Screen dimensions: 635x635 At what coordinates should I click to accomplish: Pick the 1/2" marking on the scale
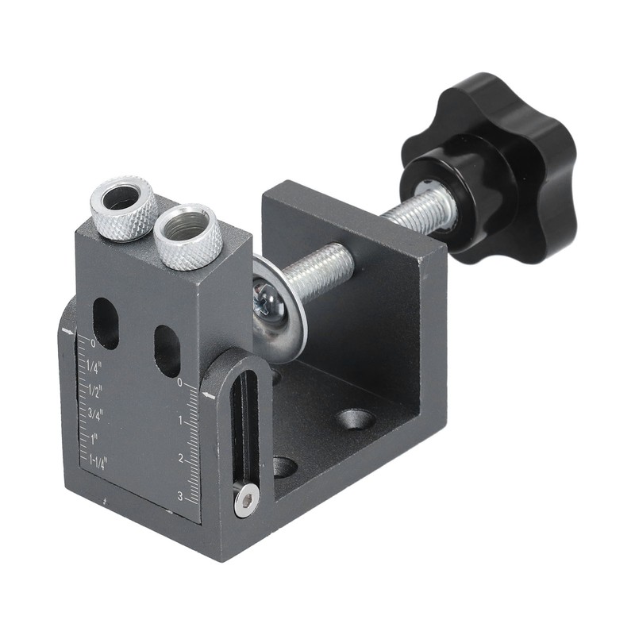tap(95, 390)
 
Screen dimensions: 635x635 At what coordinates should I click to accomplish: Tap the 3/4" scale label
tap(95, 413)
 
